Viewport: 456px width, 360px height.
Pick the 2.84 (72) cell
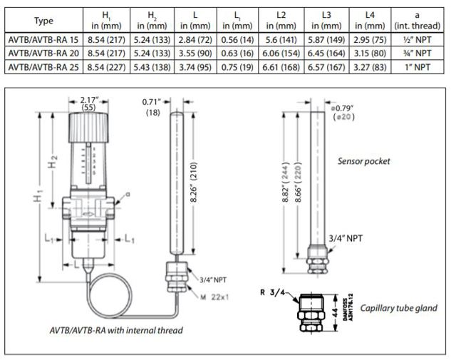point(195,41)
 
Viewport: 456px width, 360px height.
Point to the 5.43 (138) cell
point(151,66)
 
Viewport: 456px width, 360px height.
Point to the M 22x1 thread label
point(214,297)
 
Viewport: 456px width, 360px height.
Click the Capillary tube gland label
point(398,308)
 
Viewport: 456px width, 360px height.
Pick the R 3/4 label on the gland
point(272,292)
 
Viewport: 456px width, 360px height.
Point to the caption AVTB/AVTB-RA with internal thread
point(116,329)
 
